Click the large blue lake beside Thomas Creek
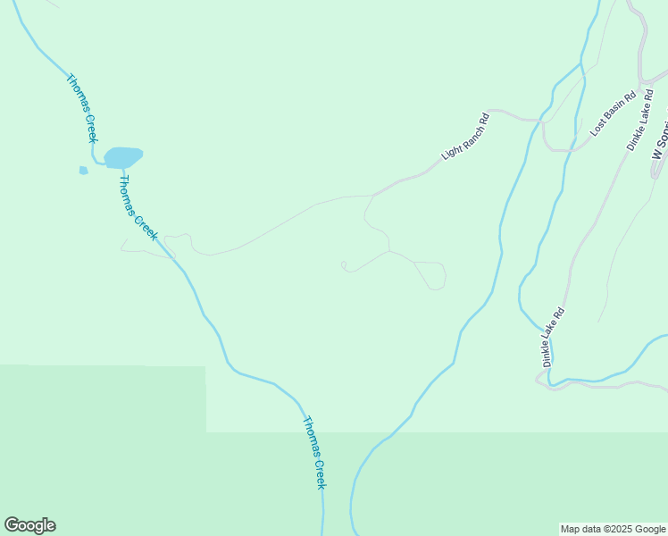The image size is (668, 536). (x=123, y=158)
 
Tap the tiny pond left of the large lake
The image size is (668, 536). (x=83, y=170)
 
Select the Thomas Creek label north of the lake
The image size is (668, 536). (x=80, y=107)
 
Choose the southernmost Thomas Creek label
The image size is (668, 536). (x=314, y=452)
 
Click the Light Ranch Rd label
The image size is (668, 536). (x=466, y=137)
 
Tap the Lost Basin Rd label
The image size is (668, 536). (x=614, y=113)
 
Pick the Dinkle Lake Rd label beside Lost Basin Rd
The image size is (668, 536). (x=642, y=121)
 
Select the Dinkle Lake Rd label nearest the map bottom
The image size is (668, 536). (x=554, y=338)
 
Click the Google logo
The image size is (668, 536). (x=29, y=525)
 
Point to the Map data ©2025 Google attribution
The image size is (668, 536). (x=613, y=529)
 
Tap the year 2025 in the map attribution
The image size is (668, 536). (x=622, y=529)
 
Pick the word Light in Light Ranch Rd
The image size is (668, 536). (x=450, y=152)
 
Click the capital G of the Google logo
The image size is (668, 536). (x=12, y=525)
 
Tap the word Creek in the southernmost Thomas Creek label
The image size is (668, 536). (x=320, y=470)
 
